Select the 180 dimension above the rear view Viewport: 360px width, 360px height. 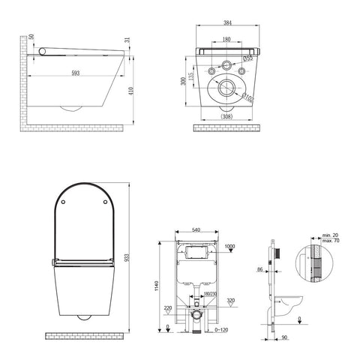pyautogui.click(x=226, y=40)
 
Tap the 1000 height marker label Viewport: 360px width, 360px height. pyautogui.click(x=229, y=247)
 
